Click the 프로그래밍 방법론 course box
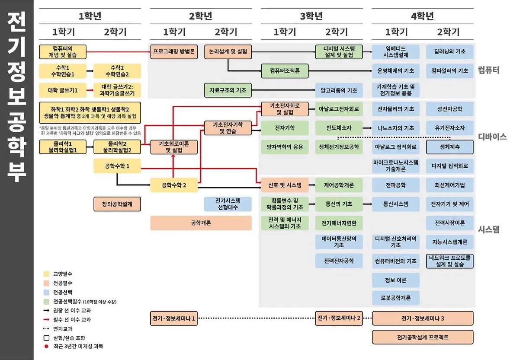(x=174, y=51)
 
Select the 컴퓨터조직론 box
(x=285, y=70)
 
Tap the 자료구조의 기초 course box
(x=228, y=90)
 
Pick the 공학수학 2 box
(x=174, y=185)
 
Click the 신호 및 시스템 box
(x=285, y=185)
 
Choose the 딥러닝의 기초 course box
(x=450, y=51)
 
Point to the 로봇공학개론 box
(x=396, y=298)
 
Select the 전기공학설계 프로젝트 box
(x=423, y=337)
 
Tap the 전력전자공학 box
(x=339, y=261)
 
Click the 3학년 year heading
(x=311, y=16)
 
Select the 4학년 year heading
(x=422, y=16)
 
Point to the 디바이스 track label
(x=492, y=137)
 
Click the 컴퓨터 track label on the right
(x=489, y=70)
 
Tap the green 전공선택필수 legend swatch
(x=46, y=301)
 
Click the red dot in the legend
(x=46, y=346)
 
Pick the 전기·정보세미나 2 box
(x=339, y=319)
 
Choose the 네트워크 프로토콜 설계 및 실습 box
(x=450, y=261)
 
